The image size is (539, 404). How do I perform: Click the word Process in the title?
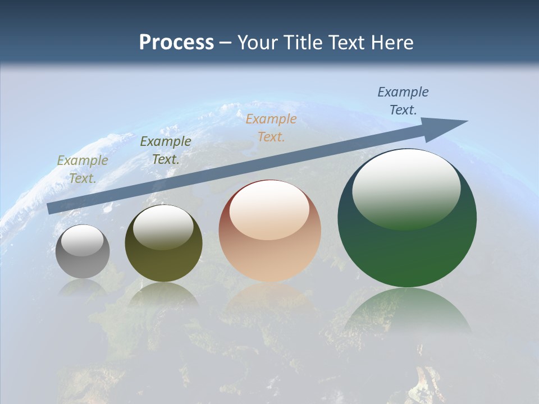[x=176, y=43]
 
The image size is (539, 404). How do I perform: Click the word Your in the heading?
[x=258, y=43]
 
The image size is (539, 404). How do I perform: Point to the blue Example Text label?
[x=403, y=101]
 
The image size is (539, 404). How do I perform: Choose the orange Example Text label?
[x=271, y=127]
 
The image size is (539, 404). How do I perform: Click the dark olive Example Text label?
[x=165, y=150]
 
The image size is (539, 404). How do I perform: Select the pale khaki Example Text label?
[x=83, y=169]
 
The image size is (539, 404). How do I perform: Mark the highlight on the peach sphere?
[x=269, y=210]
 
